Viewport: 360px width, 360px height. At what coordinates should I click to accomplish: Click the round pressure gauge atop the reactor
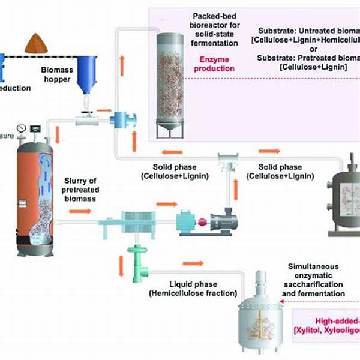point(22,128)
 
